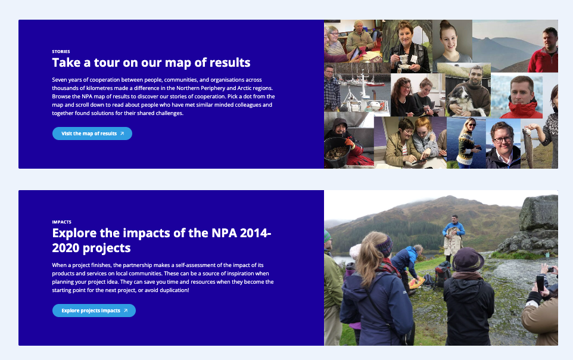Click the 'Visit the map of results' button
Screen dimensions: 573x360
(92, 134)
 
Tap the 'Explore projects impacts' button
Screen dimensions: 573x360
(94, 311)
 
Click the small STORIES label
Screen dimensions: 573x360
(61, 52)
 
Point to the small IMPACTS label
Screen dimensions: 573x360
(62, 222)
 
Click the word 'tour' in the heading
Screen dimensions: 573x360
(107, 63)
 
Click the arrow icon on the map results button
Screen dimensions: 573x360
(122, 134)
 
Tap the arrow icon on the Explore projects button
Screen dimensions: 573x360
(126, 311)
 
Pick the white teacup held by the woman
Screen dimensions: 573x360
(403, 59)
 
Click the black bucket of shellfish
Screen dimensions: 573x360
(337, 153)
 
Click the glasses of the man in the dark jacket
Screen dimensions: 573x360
(503, 139)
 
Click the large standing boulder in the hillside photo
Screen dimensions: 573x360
(538, 213)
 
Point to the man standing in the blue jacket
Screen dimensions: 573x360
(453, 236)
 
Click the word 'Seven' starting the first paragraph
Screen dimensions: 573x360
(60, 80)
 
